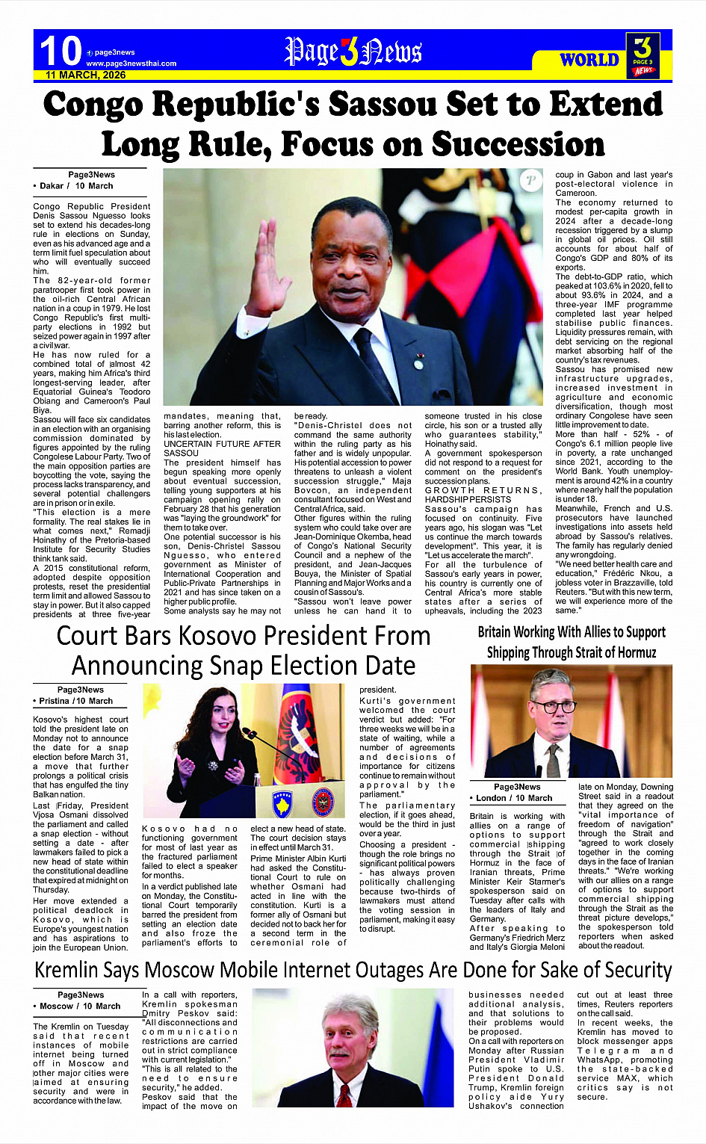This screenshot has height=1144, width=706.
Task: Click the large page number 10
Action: [x=60, y=51]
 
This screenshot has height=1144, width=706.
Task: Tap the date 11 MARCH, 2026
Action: [x=85, y=75]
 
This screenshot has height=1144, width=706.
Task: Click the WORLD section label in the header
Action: [x=589, y=60]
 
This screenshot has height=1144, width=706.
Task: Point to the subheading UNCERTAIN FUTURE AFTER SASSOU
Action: [x=222, y=448]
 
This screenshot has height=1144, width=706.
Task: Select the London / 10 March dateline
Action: [x=513, y=798]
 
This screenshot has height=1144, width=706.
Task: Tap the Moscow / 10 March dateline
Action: [x=79, y=1006]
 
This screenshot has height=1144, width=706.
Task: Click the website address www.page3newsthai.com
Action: [x=131, y=64]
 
